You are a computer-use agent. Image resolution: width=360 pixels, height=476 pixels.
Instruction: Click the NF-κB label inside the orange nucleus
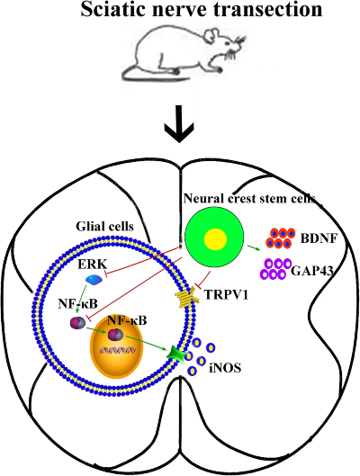(x=128, y=319)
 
